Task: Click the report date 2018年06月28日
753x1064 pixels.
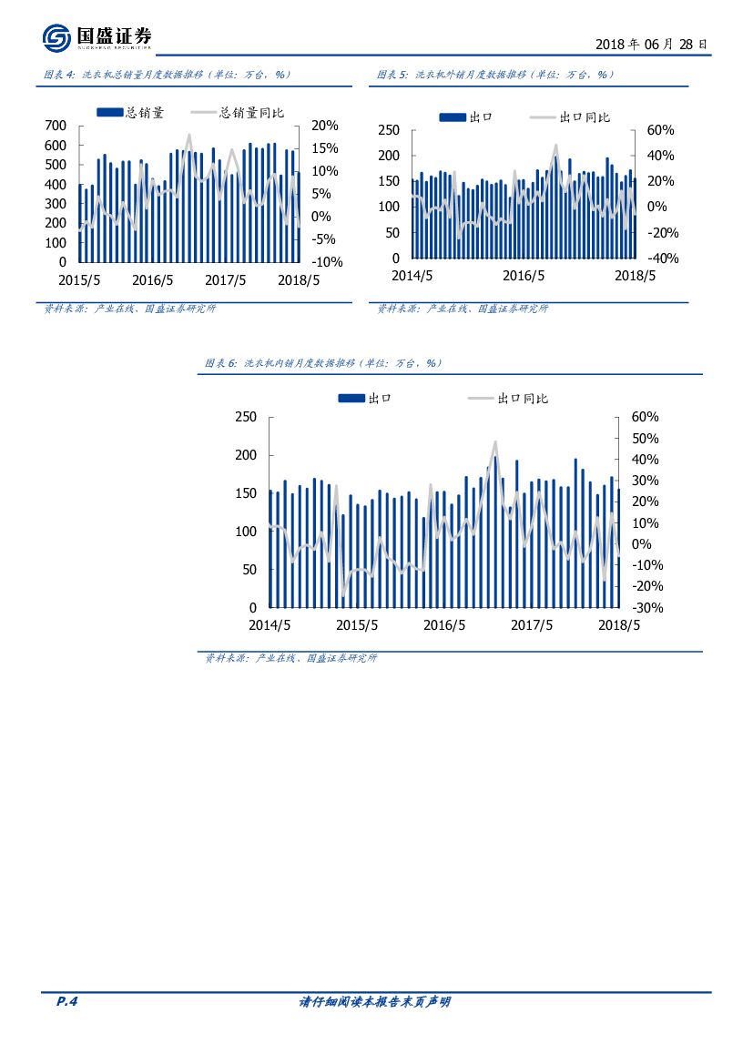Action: tap(650, 44)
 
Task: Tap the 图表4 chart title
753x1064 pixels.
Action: tap(168, 75)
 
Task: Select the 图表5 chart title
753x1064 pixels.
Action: tap(496, 75)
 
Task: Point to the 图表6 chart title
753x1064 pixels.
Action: tap(323, 363)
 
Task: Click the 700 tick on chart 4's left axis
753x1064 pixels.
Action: tap(55, 126)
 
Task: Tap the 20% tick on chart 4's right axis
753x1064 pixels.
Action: tap(324, 126)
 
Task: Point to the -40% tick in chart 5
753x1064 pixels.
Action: tap(662, 258)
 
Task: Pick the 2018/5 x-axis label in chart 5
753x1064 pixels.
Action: tap(635, 275)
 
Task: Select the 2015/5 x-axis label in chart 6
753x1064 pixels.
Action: tap(357, 625)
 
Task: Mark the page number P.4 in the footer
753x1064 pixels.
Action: tap(67, 1002)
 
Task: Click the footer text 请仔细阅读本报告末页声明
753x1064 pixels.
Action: tap(374, 1002)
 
